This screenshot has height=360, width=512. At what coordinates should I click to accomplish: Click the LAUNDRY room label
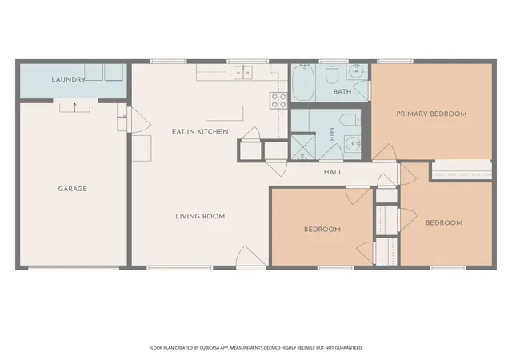(68, 79)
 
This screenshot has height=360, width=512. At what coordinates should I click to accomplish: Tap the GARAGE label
(73, 189)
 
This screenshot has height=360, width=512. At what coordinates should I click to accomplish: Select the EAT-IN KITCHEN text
(200, 132)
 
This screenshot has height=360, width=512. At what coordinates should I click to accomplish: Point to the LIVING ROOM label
(200, 216)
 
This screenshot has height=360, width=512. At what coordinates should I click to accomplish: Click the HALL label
(333, 172)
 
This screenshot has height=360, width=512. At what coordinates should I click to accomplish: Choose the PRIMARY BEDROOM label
(431, 114)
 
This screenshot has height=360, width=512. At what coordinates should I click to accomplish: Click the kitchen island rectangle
(224, 113)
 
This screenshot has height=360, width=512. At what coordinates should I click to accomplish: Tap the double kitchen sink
(243, 73)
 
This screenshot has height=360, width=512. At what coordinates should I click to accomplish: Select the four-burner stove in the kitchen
(278, 100)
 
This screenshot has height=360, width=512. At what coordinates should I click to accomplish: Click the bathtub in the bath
(303, 82)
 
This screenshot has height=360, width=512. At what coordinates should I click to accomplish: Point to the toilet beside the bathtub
(333, 74)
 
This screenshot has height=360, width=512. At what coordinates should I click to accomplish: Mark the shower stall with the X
(303, 147)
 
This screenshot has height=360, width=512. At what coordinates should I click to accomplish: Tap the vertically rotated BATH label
(332, 134)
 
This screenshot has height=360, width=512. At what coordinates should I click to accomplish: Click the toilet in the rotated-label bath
(350, 120)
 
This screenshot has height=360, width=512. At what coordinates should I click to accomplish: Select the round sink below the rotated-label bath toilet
(352, 143)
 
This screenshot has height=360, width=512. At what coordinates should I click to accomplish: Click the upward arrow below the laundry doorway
(74, 107)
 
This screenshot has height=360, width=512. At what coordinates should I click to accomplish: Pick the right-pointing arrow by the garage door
(122, 117)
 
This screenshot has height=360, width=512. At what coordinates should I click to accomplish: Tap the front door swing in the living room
(251, 256)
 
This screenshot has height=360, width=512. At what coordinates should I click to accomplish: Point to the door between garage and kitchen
(139, 120)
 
